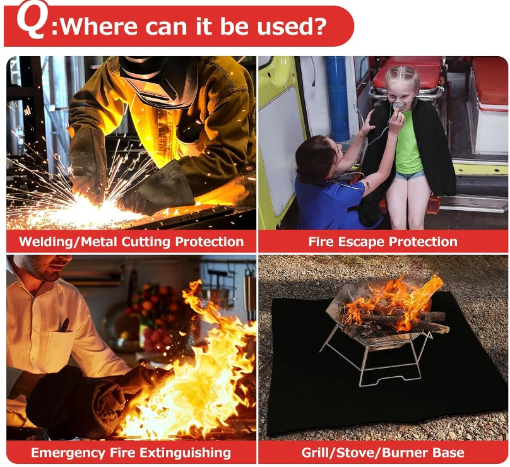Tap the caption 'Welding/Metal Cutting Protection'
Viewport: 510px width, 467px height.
[131, 242]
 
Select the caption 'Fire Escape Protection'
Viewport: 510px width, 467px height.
[382, 242]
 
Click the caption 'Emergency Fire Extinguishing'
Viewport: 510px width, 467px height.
[131, 452]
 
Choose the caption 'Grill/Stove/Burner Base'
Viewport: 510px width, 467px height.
[382, 452]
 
